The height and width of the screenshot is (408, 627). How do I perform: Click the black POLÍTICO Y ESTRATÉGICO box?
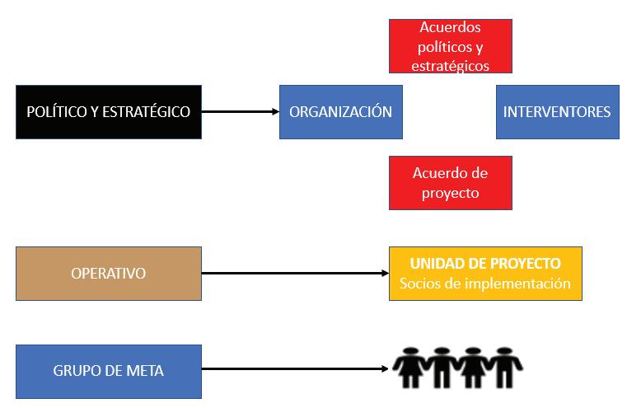108,111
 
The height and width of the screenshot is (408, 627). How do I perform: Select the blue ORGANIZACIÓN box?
340,111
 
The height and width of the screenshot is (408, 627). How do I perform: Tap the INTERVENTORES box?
557,111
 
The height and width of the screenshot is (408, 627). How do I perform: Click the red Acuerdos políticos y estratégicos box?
450,46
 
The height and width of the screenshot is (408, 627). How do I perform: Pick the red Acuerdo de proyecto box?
450,183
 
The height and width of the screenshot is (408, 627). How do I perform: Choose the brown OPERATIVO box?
108,273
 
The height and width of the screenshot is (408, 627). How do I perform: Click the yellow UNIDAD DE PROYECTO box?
485,273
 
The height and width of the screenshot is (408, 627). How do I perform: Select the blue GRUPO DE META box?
108,371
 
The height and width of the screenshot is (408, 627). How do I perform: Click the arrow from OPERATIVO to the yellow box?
295,273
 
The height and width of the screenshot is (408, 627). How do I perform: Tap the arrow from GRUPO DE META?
295,371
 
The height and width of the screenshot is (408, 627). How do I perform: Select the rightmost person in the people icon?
506,368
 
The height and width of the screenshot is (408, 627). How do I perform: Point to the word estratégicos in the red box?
450,64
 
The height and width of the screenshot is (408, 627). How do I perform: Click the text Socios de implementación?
485,284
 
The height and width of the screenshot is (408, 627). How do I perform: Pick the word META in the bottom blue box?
145,371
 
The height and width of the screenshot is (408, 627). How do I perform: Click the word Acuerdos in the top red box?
450,28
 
